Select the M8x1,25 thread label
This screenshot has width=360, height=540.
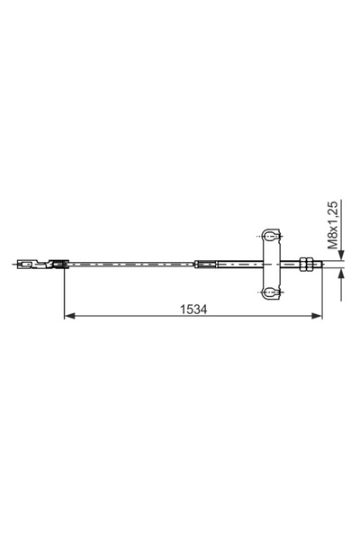pyautogui.click(x=332, y=224)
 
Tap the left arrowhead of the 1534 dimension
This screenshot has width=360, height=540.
pyautogui.click(x=68, y=317)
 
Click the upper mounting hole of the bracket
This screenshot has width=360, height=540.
pyautogui.click(x=270, y=236)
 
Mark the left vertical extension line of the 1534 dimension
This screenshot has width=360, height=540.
pyautogui.click(x=64, y=292)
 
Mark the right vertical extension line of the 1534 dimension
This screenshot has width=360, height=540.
pyautogui.click(x=322, y=292)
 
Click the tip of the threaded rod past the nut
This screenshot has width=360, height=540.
pyautogui.click(x=318, y=264)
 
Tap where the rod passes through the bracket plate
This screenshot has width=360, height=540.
pyautogui.click(x=270, y=264)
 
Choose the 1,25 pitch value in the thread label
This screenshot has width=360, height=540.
pyautogui.click(x=332, y=214)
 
